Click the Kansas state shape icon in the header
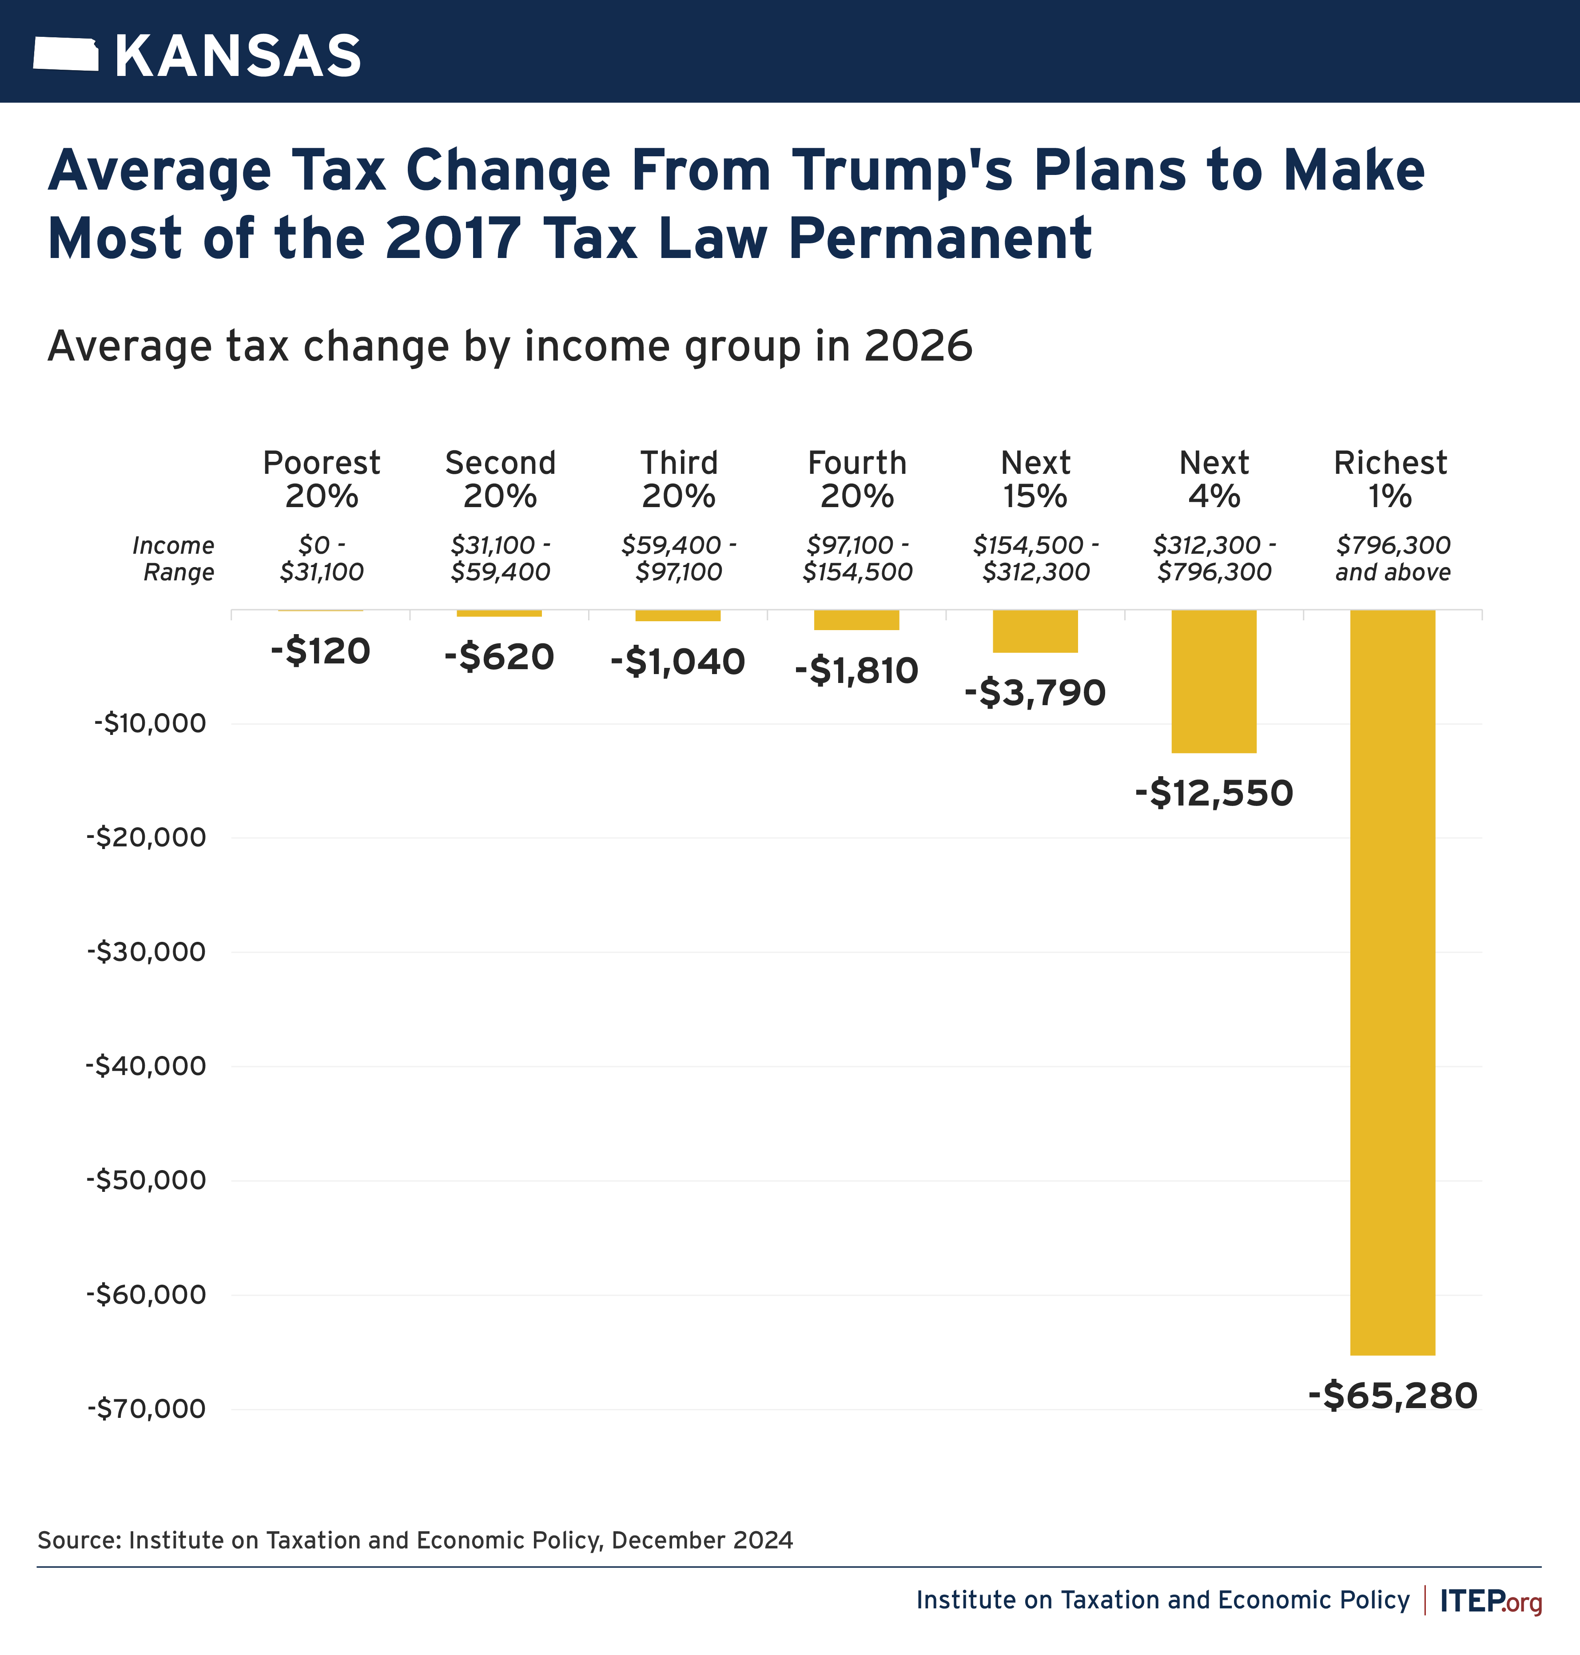pyautogui.click(x=66, y=55)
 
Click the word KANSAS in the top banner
pyautogui.click(x=238, y=56)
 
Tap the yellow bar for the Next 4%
pyautogui.click(x=1214, y=680)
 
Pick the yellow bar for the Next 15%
pyautogui.click(x=1035, y=631)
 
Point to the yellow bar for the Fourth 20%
pyautogui.click(x=856, y=619)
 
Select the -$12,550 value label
pyautogui.click(x=1214, y=793)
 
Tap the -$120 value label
pyautogui.click(x=321, y=651)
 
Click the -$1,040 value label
pyautogui.click(x=678, y=662)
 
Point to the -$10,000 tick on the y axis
pyautogui.click(x=150, y=723)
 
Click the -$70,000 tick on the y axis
pyautogui.click(x=147, y=1409)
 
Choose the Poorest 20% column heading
pyautogui.click(x=322, y=479)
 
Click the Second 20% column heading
pyautogui.click(x=500, y=479)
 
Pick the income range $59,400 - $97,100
pyautogui.click(x=679, y=558)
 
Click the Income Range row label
pyautogui.click(x=174, y=558)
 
